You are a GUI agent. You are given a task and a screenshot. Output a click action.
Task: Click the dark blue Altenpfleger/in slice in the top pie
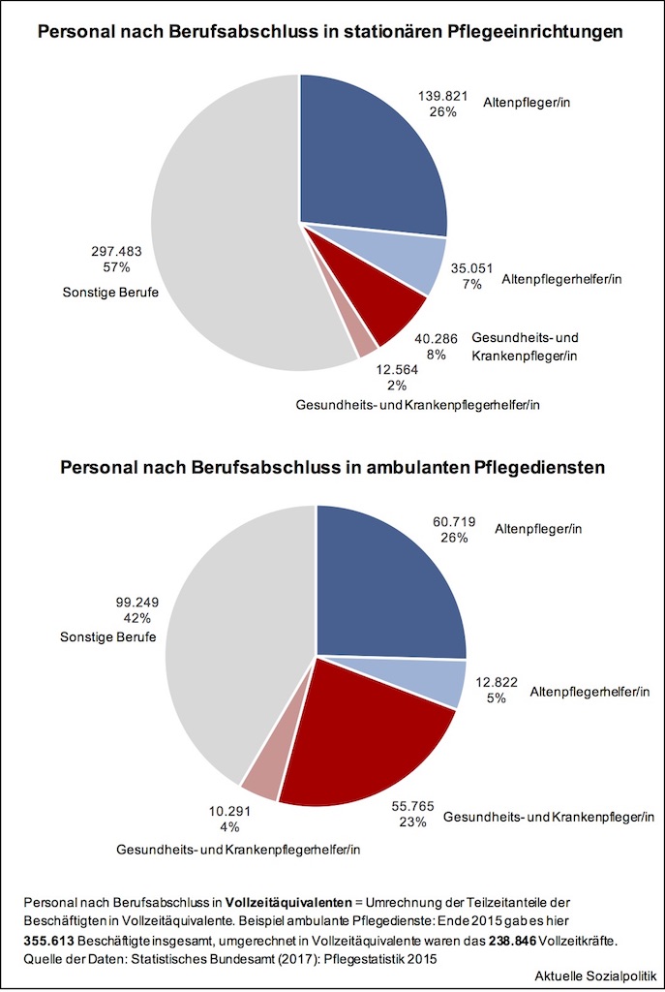(368, 155)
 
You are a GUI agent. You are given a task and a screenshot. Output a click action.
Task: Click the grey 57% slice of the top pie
(223, 223)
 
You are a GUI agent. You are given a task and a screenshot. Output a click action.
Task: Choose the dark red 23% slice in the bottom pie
(368, 736)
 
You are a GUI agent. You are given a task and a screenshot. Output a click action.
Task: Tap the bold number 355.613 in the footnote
(48, 941)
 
